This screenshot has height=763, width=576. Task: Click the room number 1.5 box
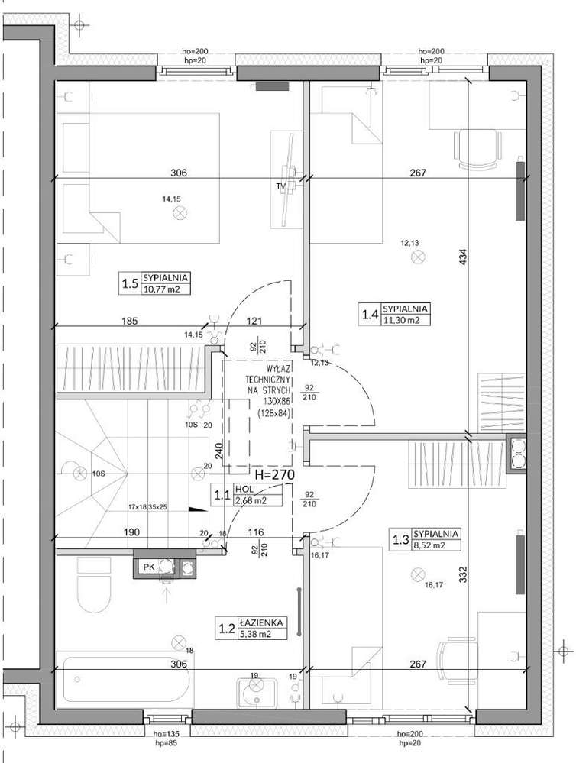click(130, 285)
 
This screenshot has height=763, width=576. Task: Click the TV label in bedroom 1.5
click(280, 186)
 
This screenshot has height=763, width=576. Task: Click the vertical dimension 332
click(463, 573)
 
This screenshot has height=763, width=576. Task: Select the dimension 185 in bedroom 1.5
click(129, 322)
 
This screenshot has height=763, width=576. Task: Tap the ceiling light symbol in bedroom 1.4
click(417, 258)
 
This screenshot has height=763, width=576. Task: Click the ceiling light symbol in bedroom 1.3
click(417, 574)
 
